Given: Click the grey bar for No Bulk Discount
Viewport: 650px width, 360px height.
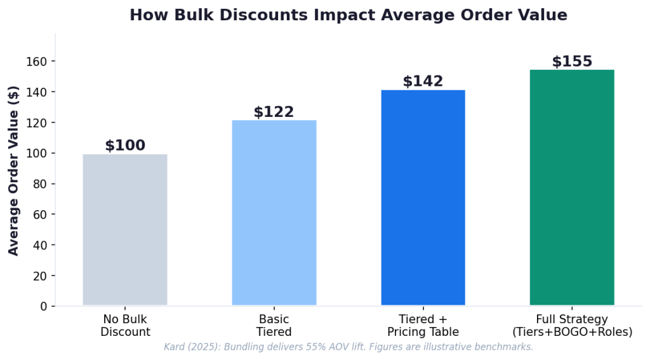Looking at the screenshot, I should click(125, 230).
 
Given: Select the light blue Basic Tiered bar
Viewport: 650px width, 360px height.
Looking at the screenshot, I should click(274, 213).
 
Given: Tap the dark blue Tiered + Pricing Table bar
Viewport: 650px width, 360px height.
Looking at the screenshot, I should click(423, 197).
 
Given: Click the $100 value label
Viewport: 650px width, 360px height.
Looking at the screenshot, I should click(125, 145).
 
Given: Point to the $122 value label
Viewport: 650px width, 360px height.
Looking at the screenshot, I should click(274, 112).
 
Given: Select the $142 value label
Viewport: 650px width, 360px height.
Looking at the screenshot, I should click(423, 81).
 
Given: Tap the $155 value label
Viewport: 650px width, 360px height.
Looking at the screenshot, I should click(572, 62).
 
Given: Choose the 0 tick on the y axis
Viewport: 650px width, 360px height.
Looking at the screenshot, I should click(44, 306).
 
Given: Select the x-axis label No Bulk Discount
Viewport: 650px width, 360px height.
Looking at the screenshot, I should click(125, 325).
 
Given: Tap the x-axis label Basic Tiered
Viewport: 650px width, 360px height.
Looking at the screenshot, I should click(274, 325).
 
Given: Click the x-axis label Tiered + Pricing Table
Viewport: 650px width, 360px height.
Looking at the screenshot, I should click(423, 325).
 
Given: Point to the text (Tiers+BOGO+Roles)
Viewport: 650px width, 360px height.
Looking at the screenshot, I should click(572, 331).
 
